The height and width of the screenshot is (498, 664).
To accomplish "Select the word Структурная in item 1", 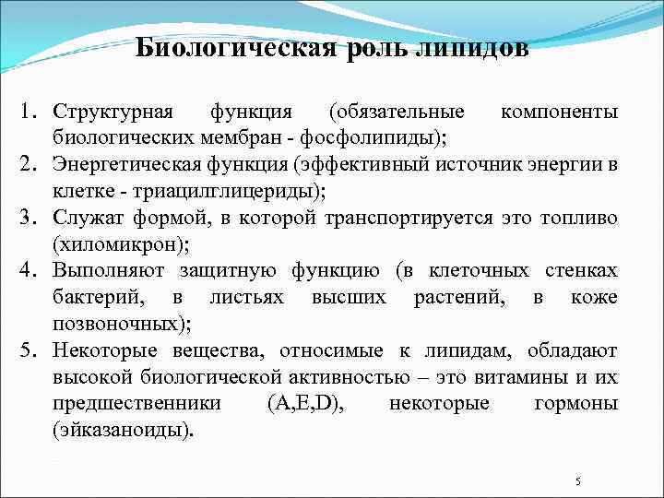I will click(113, 112).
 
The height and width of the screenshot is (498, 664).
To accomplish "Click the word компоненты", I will click(558, 112).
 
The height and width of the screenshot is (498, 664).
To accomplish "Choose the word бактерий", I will click(91, 298).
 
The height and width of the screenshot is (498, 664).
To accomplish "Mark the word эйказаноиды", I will click(124, 431).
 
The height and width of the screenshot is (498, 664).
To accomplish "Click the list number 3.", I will click(30, 219).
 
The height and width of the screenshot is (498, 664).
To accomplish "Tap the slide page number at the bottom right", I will click(577, 481).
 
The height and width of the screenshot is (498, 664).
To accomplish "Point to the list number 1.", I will click(30, 112).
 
